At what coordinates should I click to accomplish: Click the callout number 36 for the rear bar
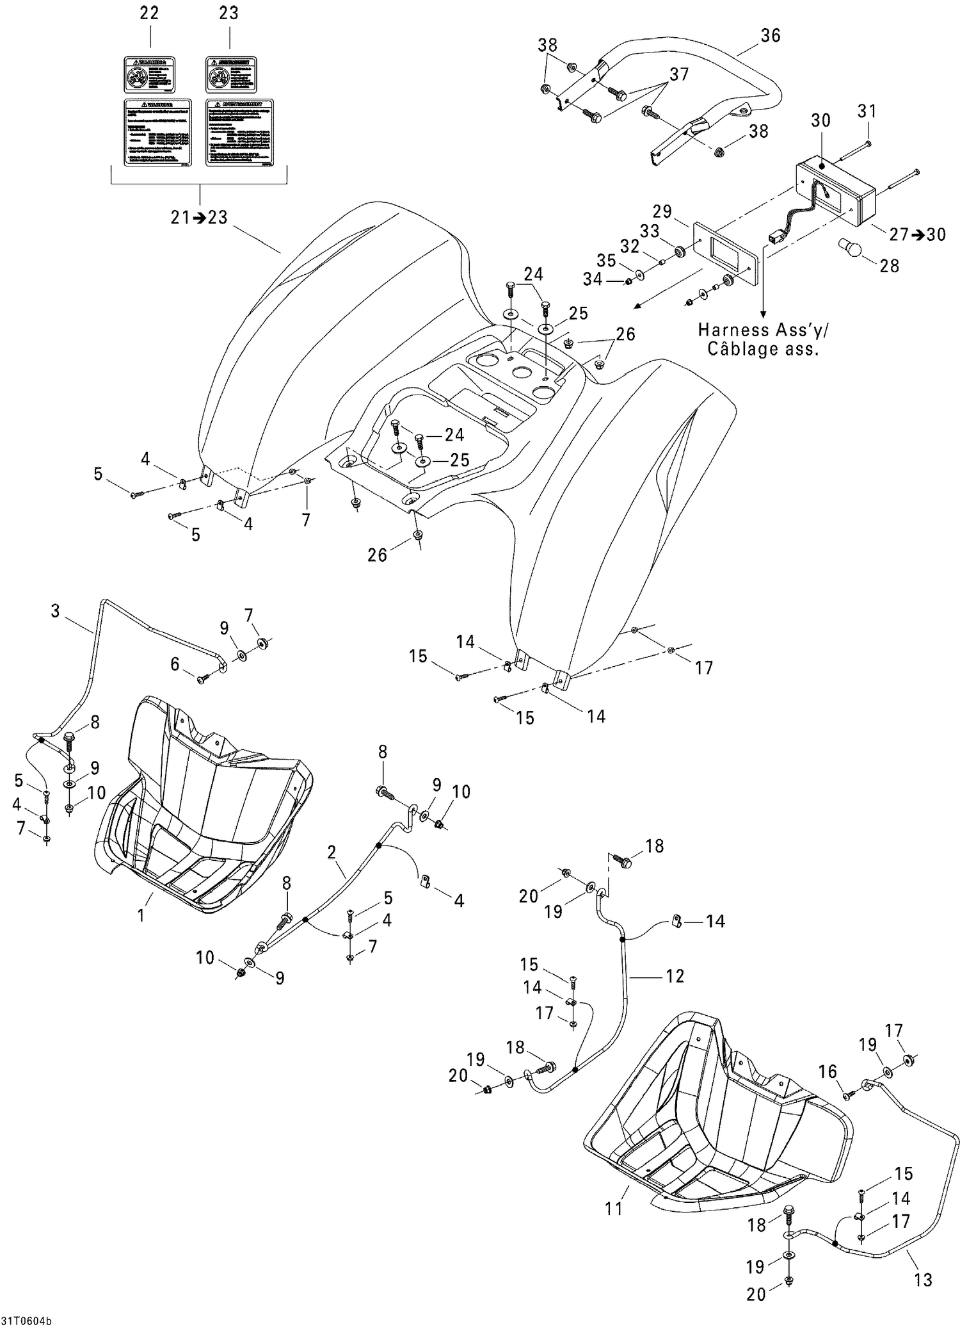(x=771, y=35)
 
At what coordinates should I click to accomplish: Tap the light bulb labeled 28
(x=850, y=247)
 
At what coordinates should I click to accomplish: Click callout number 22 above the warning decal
(x=149, y=13)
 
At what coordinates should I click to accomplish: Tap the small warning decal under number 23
(x=231, y=75)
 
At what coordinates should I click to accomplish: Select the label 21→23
(x=199, y=218)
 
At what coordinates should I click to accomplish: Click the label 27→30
(x=917, y=234)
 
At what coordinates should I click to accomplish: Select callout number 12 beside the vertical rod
(x=675, y=975)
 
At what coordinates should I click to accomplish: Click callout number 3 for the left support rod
(x=56, y=611)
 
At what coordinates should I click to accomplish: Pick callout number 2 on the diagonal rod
(x=331, y=852)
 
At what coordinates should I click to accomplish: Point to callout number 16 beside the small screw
(x=828, y=1071)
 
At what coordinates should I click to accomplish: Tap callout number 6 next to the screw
(x=175, y=665)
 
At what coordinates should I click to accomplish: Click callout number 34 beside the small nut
(x=593, y=279)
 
